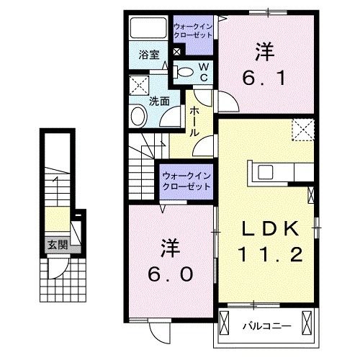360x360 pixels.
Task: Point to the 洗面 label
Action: (159, 102)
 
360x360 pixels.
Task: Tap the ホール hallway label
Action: (194, 120)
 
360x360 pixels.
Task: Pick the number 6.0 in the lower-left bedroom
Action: (171, 264)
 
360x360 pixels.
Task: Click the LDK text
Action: (269, 230)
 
